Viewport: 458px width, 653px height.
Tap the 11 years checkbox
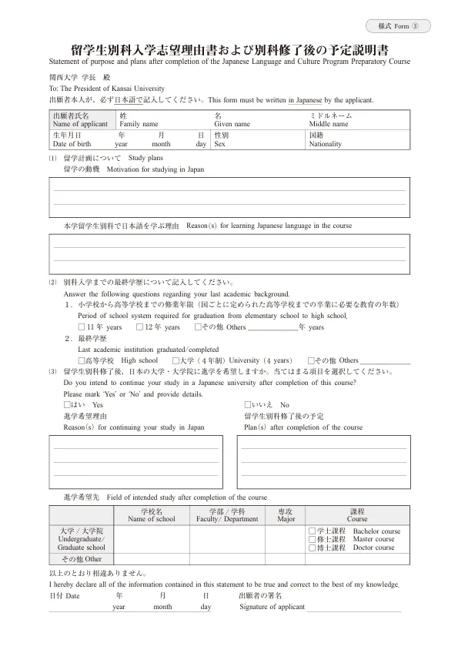(x=82, y=327)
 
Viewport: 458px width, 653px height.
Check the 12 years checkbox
(x=139, y=327)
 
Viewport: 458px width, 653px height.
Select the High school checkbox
(x=82, y=360)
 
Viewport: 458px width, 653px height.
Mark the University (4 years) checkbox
(x=176, y=360)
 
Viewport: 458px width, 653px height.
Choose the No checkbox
(x=247, y=404)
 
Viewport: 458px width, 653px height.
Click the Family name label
(x=139, y=123)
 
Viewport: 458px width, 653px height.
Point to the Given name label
(x=232, y=123)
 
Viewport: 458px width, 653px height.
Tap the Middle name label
(x=329, y=123)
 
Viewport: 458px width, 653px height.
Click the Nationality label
(x=325, y=144)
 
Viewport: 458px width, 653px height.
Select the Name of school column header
(x=152, y=519)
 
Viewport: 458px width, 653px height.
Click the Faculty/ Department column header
(x=227, y=519)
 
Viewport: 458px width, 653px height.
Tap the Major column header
(x=286, y=519)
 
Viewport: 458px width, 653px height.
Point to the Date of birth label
(x=72, y=144)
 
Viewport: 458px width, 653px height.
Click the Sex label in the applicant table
(x=219, y=144)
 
